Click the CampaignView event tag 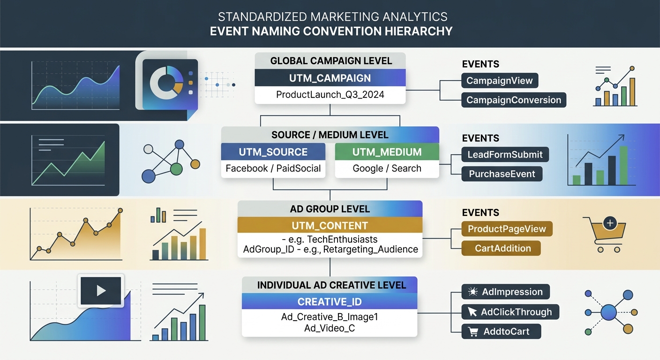(500, 81)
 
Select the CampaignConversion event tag (514, 100)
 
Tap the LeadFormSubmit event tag (505, 154)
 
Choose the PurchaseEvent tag (502, 174)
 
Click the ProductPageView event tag (507, 229)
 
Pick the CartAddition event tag (501, 248)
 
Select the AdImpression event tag (505, 292)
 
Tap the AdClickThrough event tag (510, 312)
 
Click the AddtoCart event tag (501, 331)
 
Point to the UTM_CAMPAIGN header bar (330, 78)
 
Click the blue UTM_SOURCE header (273, 152)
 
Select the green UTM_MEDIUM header (387, 152)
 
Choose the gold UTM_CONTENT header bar (330, 225)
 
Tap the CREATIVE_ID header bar (330, 301)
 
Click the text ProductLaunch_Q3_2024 (330, 95)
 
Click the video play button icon (101, 291)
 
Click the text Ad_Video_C (330, 328)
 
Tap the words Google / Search (387, 168)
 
